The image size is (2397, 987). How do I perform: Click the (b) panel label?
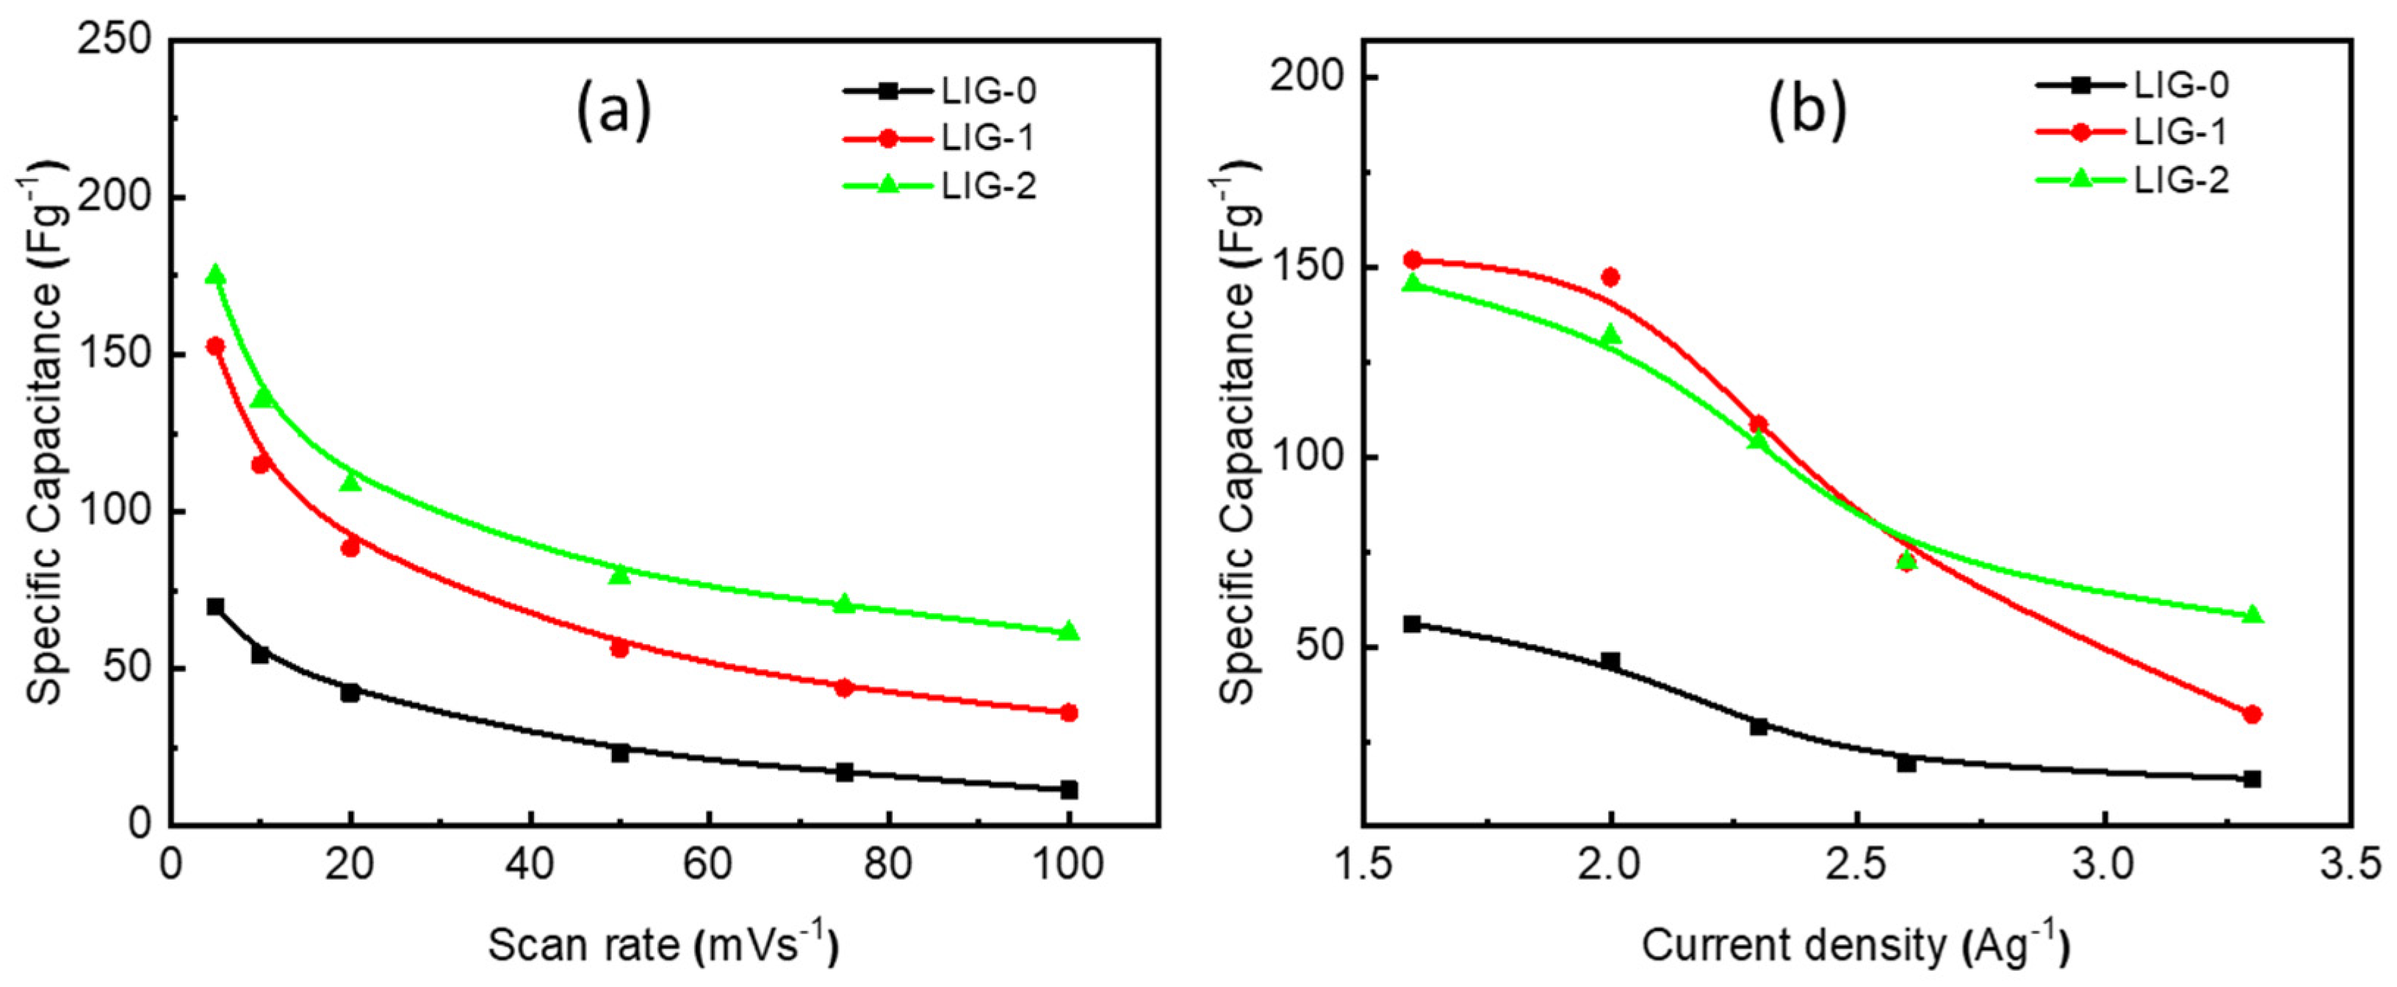[1806, 109]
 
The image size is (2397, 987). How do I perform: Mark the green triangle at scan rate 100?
[1068, 631]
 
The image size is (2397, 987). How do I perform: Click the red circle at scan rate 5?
[215, 346]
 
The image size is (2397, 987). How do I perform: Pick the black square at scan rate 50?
[620, 752]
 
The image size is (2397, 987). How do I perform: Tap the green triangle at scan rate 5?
[215, 275]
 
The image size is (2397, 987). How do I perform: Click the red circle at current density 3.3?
[2252, 715]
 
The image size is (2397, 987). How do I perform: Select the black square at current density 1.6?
[1413, 624]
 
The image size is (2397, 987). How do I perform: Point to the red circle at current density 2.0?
[1611, 277]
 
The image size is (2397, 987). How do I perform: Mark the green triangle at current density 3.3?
[2252, 615]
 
